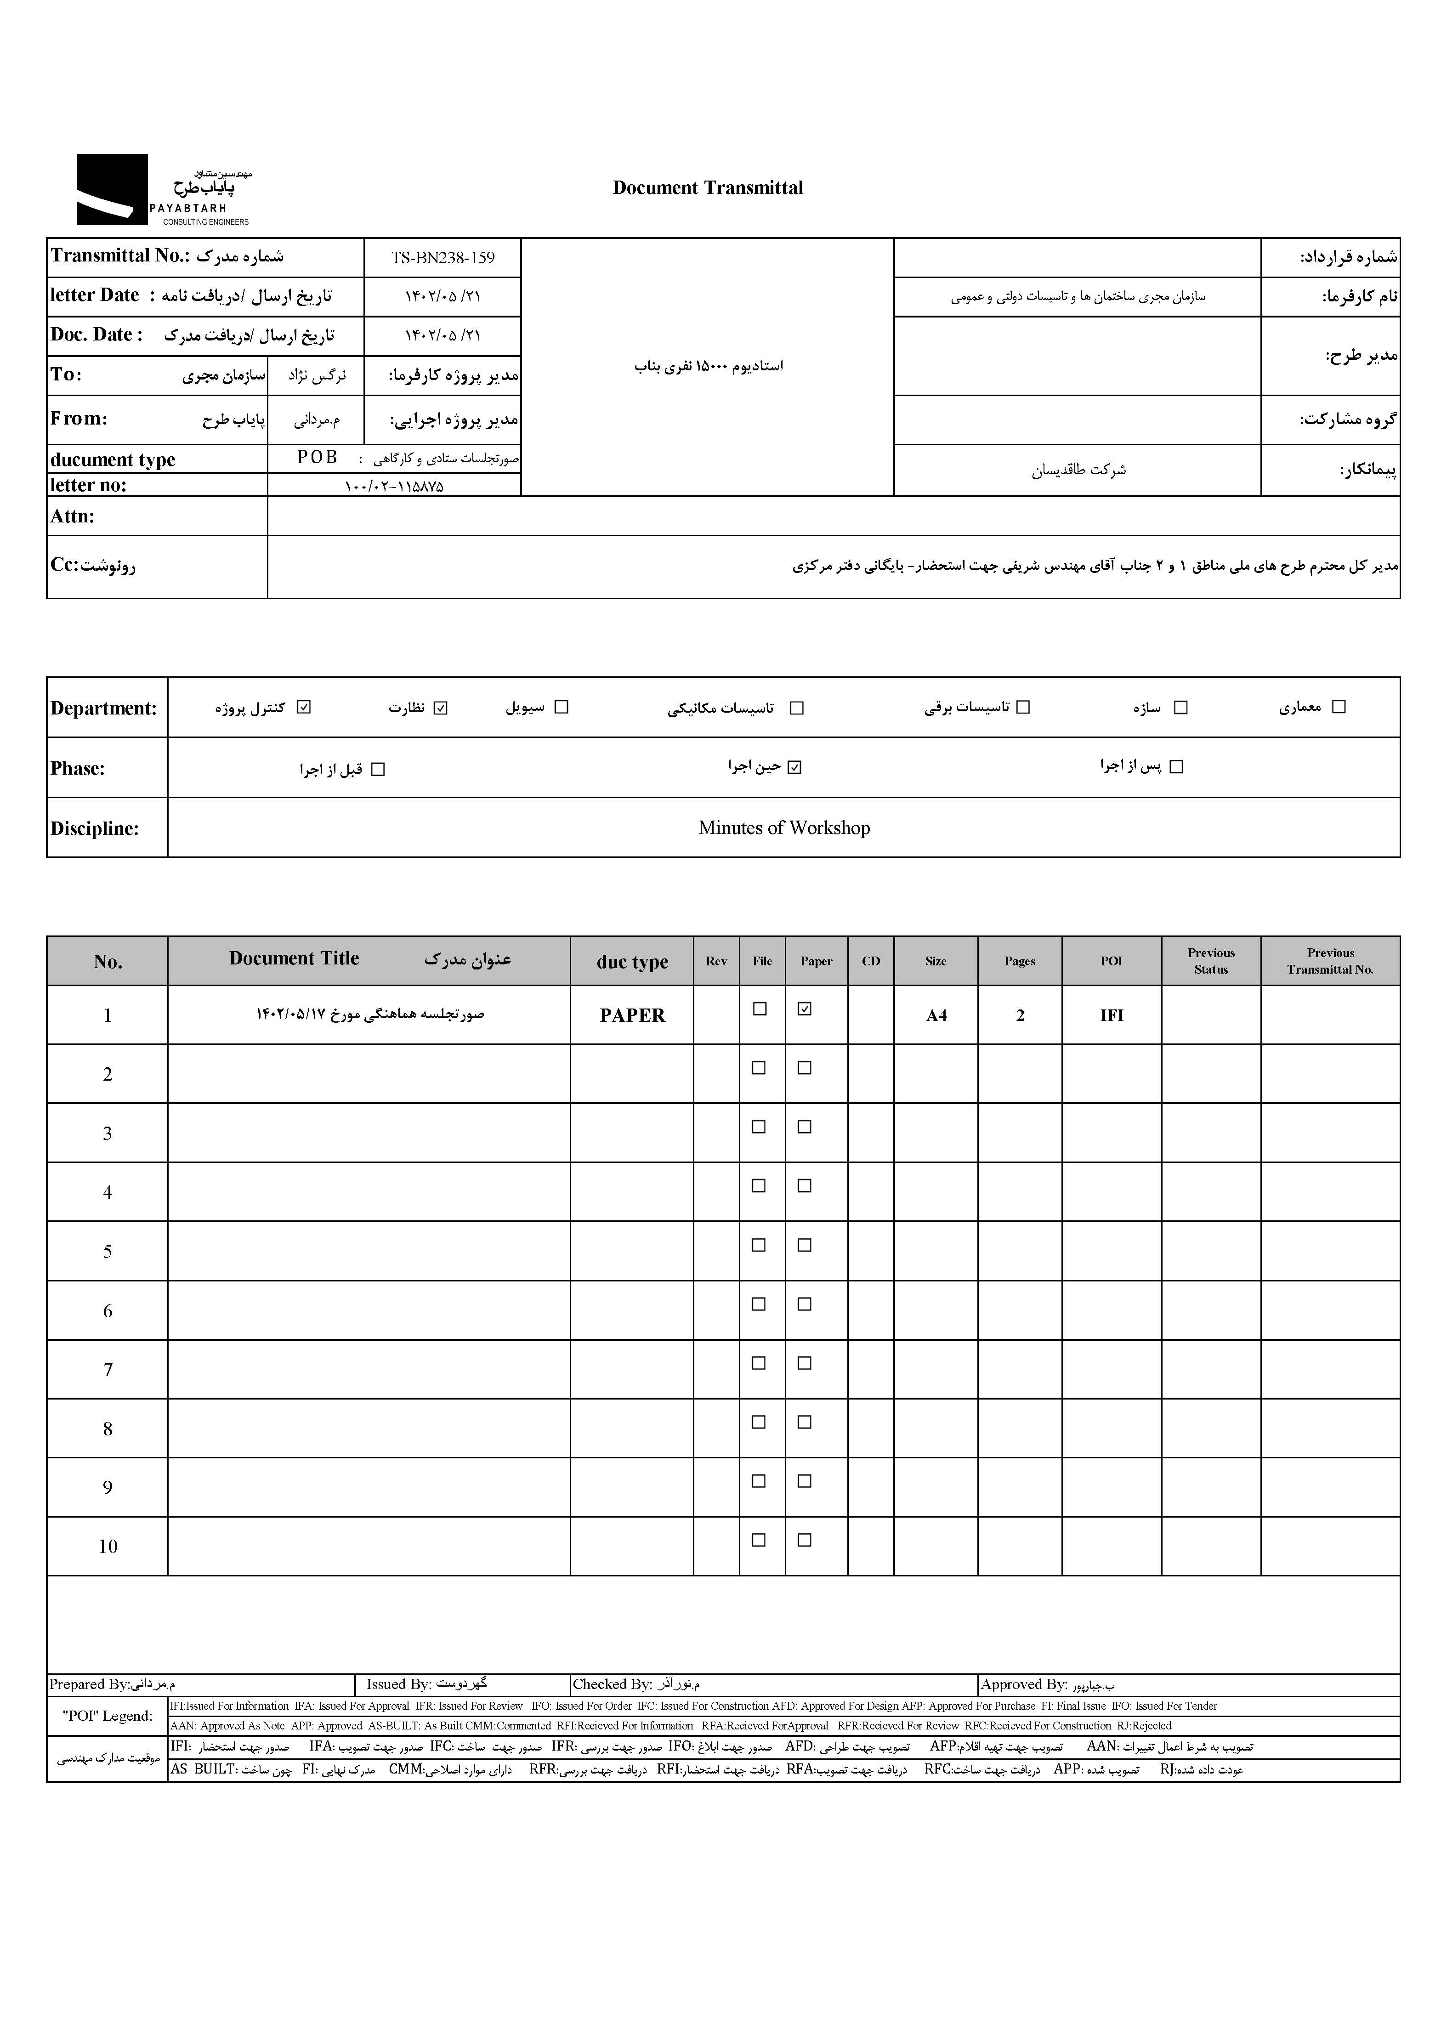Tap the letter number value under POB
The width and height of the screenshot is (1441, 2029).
tap(394, 486)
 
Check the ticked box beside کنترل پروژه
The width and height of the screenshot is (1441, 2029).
tap(304, 707)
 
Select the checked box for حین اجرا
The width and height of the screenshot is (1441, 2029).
tap(794, 767)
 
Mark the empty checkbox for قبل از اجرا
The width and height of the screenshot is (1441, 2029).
tap(378, 769)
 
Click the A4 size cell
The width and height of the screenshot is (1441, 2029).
tap(936, 1016)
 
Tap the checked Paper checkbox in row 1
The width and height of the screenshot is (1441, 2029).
tap(805, 1009)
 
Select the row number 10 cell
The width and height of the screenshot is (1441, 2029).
tap(108, 1547)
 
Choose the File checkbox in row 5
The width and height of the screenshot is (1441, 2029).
tap(759, 1245)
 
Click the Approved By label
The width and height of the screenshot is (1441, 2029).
tap(1023, 1684)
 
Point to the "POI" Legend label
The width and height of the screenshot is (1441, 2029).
tap(108, 1715)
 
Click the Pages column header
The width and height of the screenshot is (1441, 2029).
tap(1020, 961)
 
